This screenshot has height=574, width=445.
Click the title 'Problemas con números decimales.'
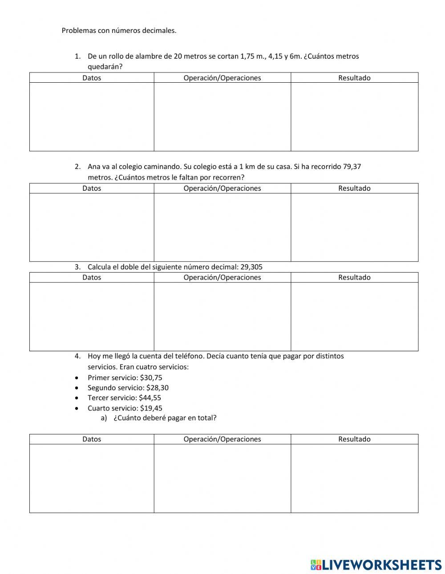pyautogui.click(x=119, y=31)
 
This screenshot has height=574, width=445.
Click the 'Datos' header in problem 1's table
pyautogui.click(x=92, y=78)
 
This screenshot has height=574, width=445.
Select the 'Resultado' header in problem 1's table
pyautogui.click(x=354, y=78)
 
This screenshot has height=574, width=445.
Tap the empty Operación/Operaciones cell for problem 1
pyautogui.click(x=222, y=117)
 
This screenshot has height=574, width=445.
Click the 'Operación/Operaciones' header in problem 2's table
pyautogui.click(x=222, y=188)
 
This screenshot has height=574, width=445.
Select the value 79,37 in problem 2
pyautogui.click(x=352, y=167)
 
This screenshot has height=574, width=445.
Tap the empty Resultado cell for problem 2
pyautogui.click(x=354, y=227)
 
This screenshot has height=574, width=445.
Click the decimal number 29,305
pyautogui.click(x=251, y=267)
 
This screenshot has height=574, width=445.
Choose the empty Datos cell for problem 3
pyautogui.click(x=92, y=317)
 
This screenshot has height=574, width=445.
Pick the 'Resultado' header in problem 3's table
pyautogui.click(x=354, y=277)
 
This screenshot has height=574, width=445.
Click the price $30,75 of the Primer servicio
pyautogui.click(x=151, y=378)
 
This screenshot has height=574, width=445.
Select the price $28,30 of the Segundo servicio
pyautogui.click(x=157, y=388)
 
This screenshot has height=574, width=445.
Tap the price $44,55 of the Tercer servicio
pyautogui.click(x=150, y=398)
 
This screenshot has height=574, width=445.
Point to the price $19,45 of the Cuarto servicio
pyautogui.click(x=151, y=408)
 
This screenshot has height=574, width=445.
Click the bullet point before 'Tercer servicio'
pyautogui.click(x=77, y=398)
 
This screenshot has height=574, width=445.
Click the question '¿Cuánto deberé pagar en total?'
pyautogui.click(x=165, y=418)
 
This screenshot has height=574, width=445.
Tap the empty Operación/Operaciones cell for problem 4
pyautogui.click(x=222, y=478)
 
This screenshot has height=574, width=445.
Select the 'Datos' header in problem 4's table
pyautogui.click(x=92, y=439)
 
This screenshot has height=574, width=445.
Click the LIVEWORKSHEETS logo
pyautogui.click(x=376, y=565)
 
